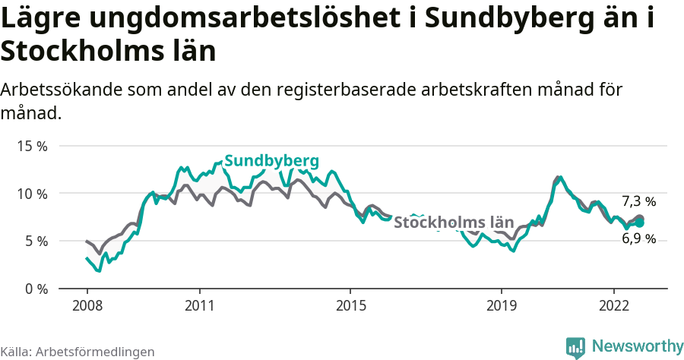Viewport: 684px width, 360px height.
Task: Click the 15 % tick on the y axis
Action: [x=32, y=146]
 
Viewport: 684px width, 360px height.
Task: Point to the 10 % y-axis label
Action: [x=32, y=194]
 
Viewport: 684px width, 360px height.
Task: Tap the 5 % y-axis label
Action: [x=35, y=242]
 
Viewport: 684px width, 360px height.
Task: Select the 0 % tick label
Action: [x=35, y=289]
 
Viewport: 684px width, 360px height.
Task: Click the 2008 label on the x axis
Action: [x=87, y=305]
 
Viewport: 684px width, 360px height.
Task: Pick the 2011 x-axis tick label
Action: [x=199, y=305]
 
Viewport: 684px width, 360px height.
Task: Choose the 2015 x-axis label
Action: [x=350, y=305]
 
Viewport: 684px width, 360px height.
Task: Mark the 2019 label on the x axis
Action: [x=501, y=305]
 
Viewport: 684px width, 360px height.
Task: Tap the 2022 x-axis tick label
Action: [x=613, y=305]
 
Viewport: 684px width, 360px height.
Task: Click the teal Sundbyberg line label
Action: [x=271, y=160]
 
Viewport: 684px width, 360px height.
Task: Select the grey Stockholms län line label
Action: [x=454, y=223]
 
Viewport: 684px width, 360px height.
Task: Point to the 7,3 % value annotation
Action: [x=638, y=201]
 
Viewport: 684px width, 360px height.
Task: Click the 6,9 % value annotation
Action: [x=638, y=238]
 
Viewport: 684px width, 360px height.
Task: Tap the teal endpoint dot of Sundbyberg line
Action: [x=640, y=223]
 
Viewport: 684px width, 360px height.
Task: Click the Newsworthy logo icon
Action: [x=575, y=347]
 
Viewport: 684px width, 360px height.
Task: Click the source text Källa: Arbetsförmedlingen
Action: [x=78, y=352]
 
